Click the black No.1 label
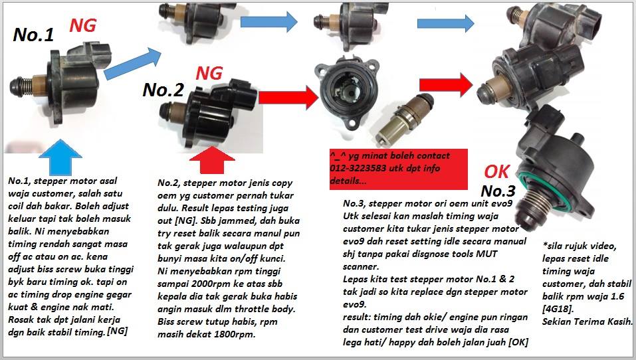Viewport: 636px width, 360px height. click(x=33, y=35)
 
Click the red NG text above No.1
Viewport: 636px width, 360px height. click(x=83, y=25)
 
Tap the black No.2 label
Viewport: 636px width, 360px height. click(x=163, y=90)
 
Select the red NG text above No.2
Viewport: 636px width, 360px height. click(x=209, y=73)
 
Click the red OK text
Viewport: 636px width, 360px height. click(x=496, y=172)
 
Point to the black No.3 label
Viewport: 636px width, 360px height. click(x=498, y=191)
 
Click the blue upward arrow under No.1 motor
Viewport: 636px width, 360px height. click(x=60, y=157)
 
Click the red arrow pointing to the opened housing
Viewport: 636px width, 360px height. click(x=288, y=98)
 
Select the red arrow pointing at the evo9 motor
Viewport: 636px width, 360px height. click(x=446, y=85)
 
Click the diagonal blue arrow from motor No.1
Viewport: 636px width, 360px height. click(x=133, y=63)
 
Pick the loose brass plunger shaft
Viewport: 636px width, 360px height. click(x=404, y=120)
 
